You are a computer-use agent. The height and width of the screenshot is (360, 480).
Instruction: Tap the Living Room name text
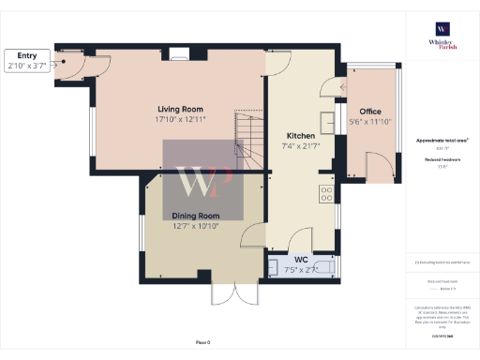point(182,109)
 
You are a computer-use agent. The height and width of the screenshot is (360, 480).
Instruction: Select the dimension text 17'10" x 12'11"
point(182,119)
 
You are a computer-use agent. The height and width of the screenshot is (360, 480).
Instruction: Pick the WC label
point(301,260)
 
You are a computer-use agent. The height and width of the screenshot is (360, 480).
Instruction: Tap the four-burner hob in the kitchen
point(327,194)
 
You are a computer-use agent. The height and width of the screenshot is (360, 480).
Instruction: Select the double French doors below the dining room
point(233,292)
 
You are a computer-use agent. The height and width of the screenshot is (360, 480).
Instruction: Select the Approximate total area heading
point(441,141)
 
